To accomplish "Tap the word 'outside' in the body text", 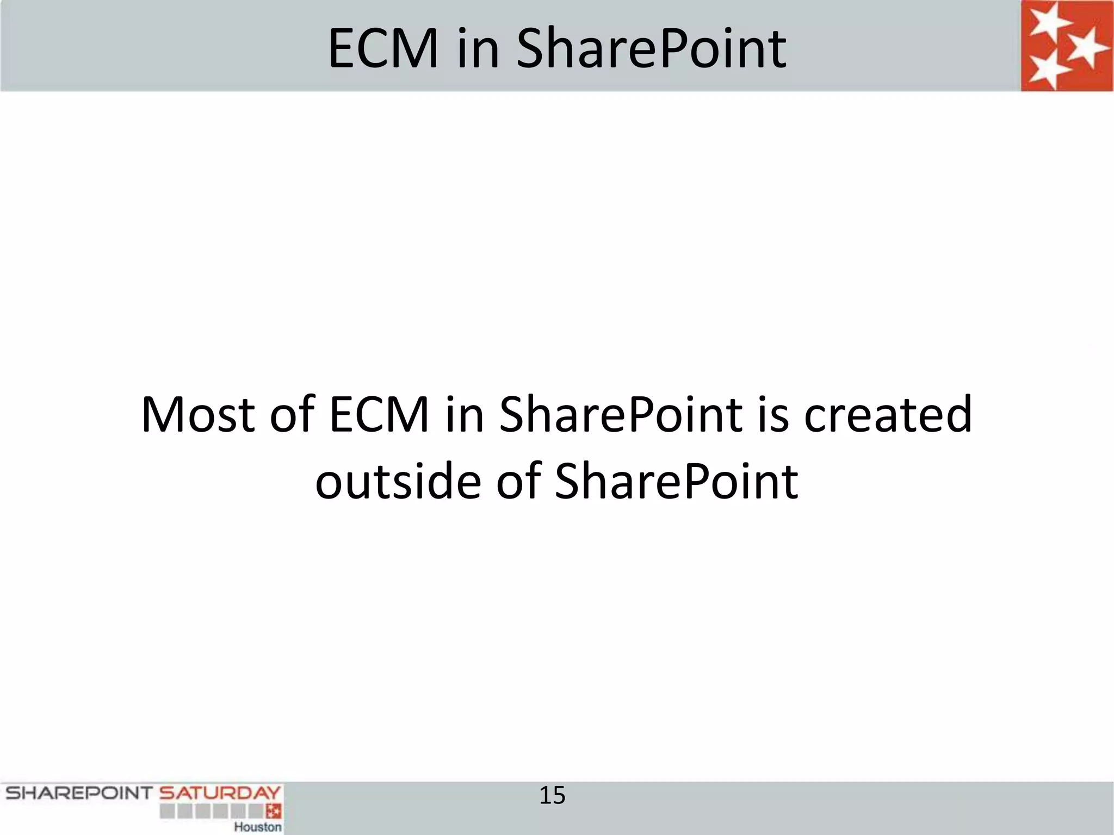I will click(x=398, y=481).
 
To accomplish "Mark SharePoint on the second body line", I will click(x=676, y=481).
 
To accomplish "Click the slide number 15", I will click(x=552, y=796).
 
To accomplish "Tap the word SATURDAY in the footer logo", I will click(x=219, y=793).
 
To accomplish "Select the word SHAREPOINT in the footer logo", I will click(x=78, y=793).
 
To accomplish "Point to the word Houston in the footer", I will click(x=258, y=827).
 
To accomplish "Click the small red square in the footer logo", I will click(x=273, y=812).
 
